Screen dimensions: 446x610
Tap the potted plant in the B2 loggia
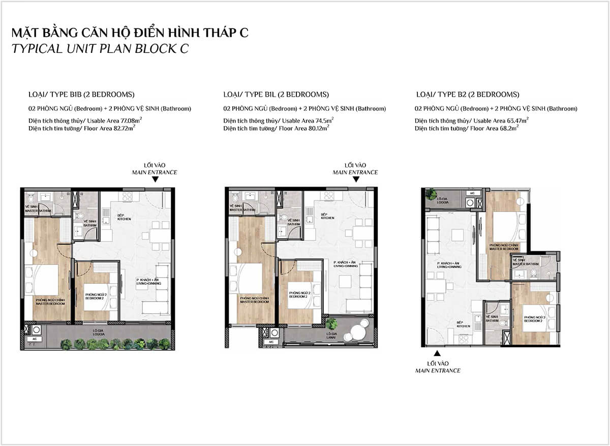tap(432, 194)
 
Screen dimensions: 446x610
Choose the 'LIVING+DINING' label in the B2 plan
tap(445, 265)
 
